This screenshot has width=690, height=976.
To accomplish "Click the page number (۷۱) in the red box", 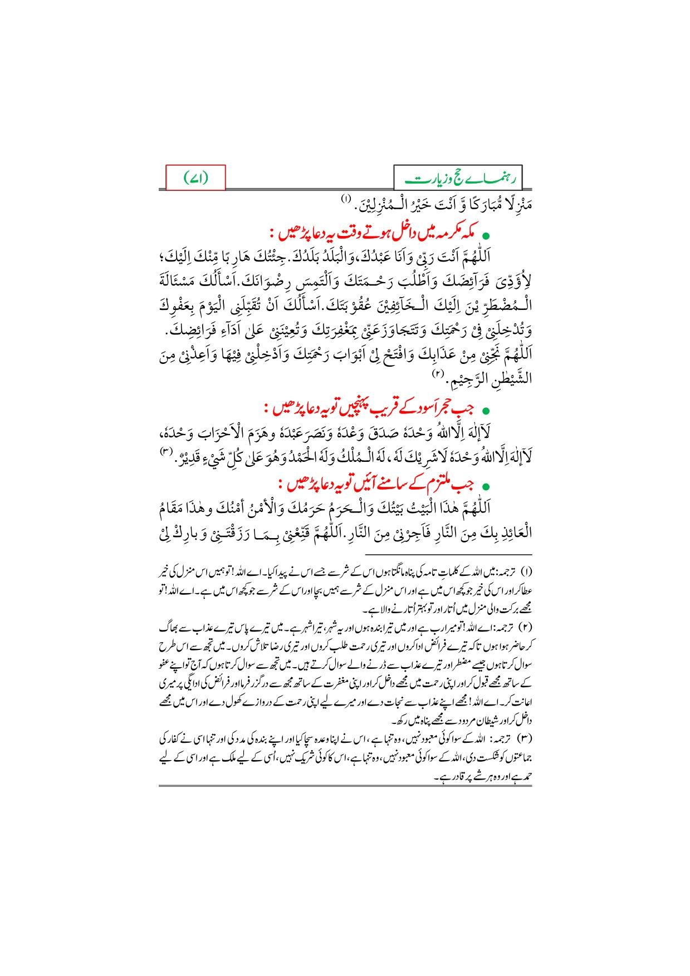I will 196,178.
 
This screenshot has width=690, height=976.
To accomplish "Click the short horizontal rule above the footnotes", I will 449,554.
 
